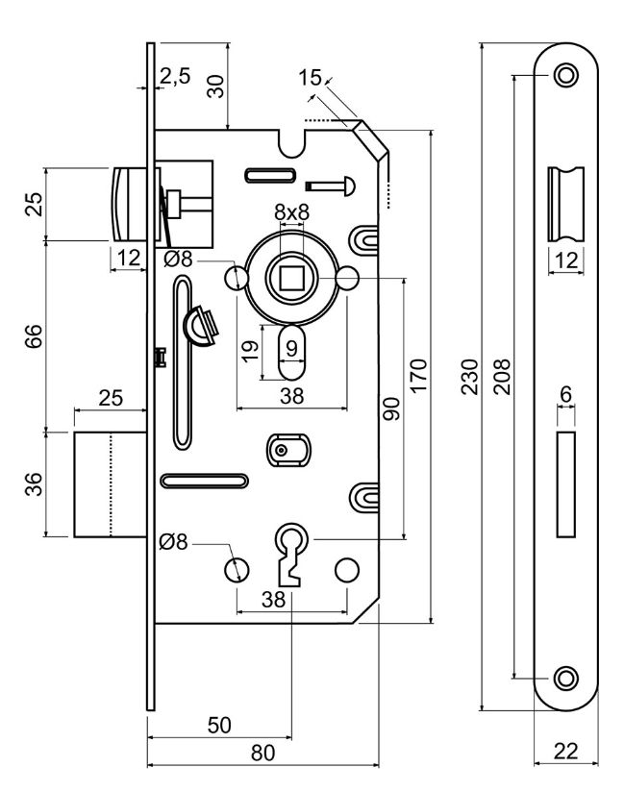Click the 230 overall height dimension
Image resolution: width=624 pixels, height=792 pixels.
pyautogui.click(x=469, y=377)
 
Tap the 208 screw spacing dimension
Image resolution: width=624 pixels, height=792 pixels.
pyautogui.click(x=502, y=377)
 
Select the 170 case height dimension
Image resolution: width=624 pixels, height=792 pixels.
pyautogui.click(x=419, y=375)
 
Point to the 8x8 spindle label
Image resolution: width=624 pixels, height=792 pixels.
pyautogui.click(x=291, y=212)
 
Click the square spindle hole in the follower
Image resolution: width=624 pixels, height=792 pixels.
pyautogui.click(x=291, y=277)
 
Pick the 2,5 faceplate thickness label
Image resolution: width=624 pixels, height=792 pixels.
pyautogui.click(x=175, y=76)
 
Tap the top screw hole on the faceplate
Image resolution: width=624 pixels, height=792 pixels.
pyautogui.click(x=566, y=75)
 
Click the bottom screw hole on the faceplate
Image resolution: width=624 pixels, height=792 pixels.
pyautogui.click(x=566, y=678)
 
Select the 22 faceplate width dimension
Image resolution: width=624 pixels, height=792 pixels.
pyautogui.click(x=565, y=751)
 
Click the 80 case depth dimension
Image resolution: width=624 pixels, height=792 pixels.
pyautogui.click(x=262, y=753)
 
